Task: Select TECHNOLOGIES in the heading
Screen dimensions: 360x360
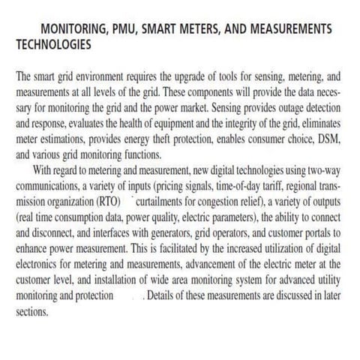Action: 54,44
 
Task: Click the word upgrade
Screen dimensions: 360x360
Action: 187,76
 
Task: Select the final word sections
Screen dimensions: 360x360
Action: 31,305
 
